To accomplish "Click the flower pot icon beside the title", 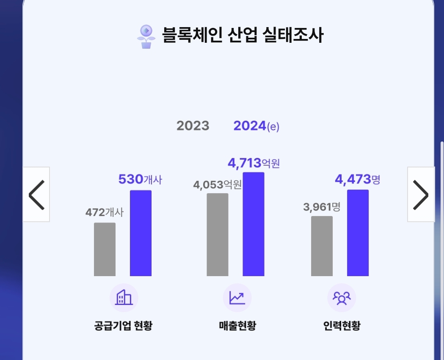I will coord(146,36).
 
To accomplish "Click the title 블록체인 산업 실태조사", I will coord(243,35).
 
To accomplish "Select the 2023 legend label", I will coord(193,126).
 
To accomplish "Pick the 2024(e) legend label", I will coord(256,126).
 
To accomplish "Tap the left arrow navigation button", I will coord(36,194).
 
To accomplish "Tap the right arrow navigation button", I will coord(421,194).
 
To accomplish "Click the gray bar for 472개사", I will coord(105,249).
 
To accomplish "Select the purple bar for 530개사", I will coord(141,233).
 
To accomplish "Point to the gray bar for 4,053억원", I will coord(218,235).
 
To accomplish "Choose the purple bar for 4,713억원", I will coord(254,224).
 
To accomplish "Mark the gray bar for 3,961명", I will coord(322,246).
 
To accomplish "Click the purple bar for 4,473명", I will coord(358,233).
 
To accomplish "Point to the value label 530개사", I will coord(140,180).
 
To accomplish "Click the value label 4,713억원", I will coord(254,163).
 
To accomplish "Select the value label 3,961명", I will coord(322,207).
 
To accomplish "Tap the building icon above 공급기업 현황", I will coord(124,298).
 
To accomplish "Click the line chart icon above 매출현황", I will coord(237,298).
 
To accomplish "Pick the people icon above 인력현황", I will coord(342,298).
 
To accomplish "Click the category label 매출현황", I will coord(237,326).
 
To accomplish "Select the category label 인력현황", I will coord(342,326).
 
